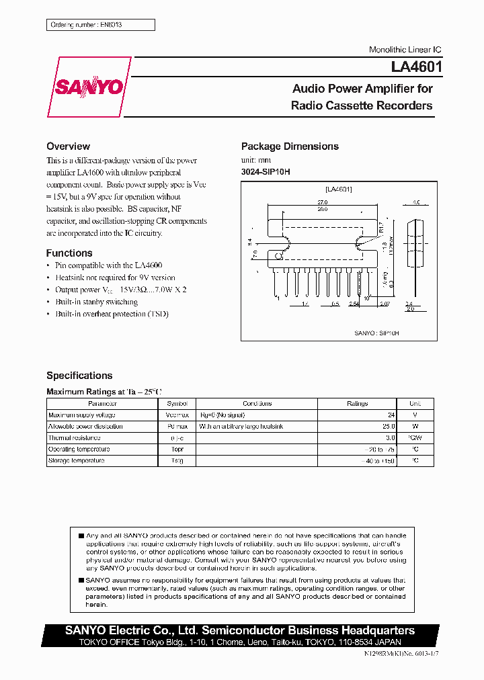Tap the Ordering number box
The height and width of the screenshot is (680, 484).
coord(100,25)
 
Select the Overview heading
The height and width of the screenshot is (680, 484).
coord(68,146)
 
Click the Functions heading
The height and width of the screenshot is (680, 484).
coord(69,253)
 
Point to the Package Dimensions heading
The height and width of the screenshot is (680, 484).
coord(290,146)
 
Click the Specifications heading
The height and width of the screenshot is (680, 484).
coord(79,376)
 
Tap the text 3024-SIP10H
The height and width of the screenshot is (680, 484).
coord(266,171)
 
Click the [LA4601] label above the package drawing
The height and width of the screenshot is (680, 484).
coord(339,189)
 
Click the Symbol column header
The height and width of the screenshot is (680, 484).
coord(177,403)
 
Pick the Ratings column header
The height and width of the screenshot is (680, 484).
coord(357,403)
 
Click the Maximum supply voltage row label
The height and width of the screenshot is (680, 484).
coord(77,415)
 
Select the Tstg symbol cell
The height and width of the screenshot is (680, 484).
coord(177,461)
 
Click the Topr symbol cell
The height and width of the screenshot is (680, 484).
coord(177,450)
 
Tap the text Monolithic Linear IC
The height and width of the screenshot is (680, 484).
coord(405,50)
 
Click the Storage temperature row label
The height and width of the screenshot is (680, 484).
coord(76,461)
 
